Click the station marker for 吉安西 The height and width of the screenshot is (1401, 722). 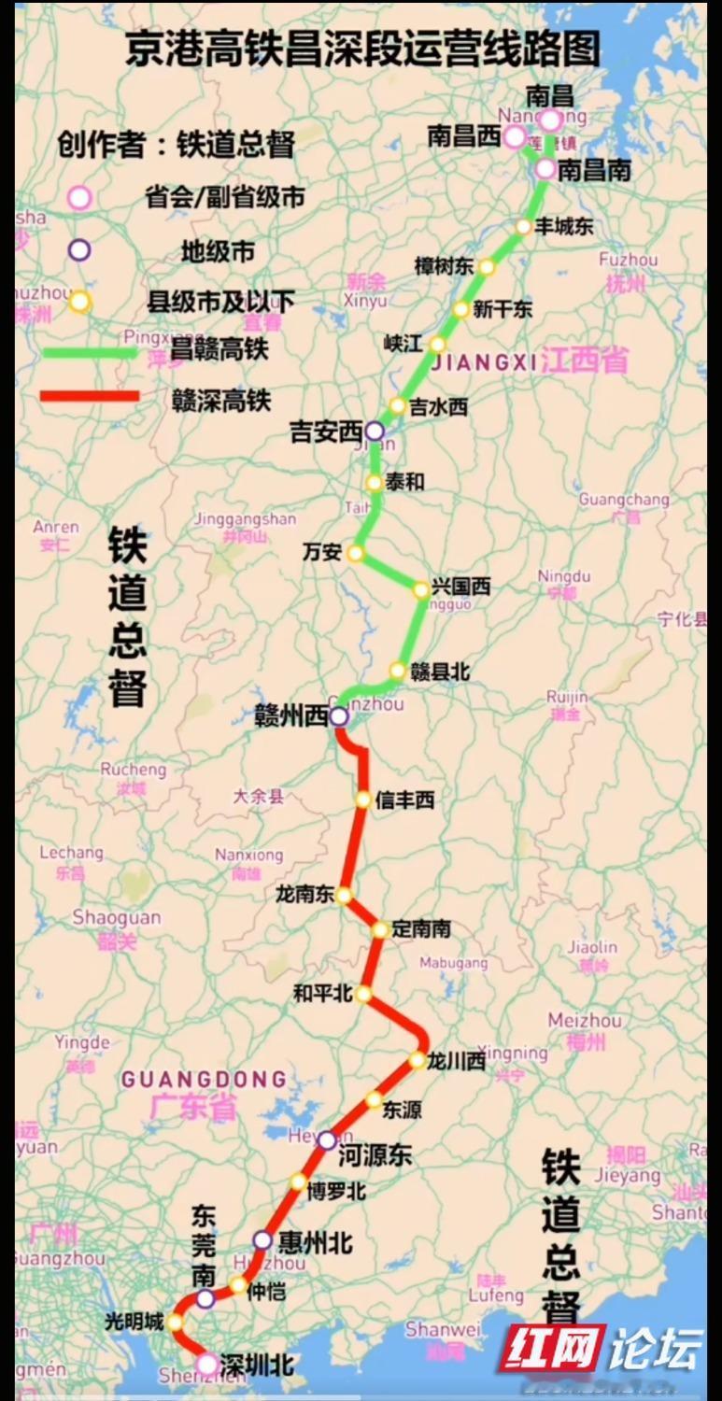click(x=374, y=431)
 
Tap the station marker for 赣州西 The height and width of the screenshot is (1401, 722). click(x=338, y=716)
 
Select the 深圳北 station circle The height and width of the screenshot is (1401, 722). click(x=206, y=1365)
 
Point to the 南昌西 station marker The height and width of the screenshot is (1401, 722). click(x=515, y=137)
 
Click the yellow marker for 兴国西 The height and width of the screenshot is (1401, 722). click(x=420, y=588)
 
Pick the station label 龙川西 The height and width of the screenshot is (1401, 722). click(x=457, y=1061)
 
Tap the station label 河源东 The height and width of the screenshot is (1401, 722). click(x=374, y=1155)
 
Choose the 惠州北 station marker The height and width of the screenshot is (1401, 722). click(x=262, y=1240)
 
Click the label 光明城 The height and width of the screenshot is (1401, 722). click(x=134, y=1322)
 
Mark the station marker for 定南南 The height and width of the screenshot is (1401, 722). click(x=380, y=929)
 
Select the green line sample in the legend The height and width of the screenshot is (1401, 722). click(x=90, y=352)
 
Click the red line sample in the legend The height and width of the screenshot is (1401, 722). click(x=90, y=396)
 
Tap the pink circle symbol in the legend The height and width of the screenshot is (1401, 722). click(x=79, y=197)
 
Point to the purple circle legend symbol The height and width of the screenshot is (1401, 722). click(x=79, y=249)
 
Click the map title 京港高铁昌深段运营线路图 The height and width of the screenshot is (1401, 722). click(x=363, y=50)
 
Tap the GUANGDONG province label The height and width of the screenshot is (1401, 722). click(x=203, y=1080)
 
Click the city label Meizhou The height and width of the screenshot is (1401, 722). click(x=584, y=1020)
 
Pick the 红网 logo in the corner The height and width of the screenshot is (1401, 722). click(x=551, y=1349)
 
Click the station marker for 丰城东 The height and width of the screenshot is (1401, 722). click(x=523, y=227)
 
